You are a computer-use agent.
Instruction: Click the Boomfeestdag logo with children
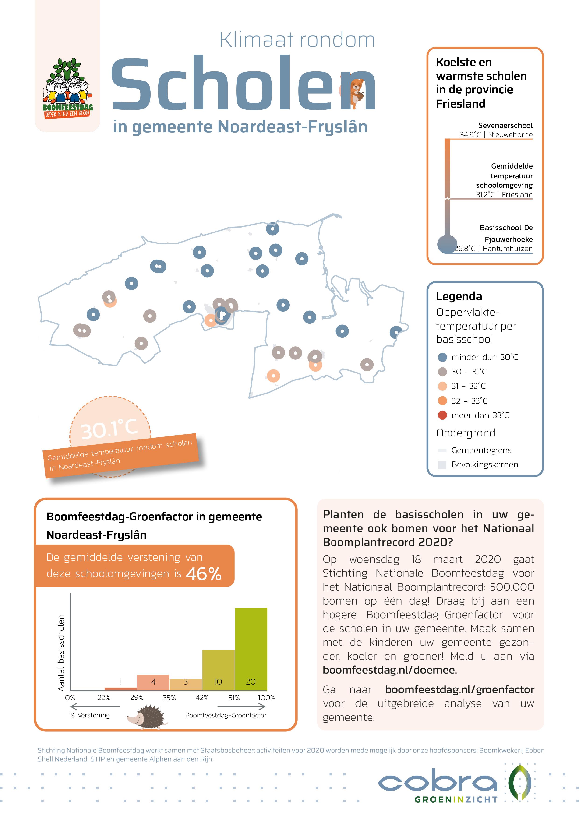pyautogui.click(x=67, y=87)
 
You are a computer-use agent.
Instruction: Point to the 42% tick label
pyautogui.click(x=202, y=698)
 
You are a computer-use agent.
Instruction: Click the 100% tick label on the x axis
pyautogui.click(x=266, y=698)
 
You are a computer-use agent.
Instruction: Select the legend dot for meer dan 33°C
pyautogui.click(x=442, y=415)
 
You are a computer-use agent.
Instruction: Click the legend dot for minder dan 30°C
pyautogui.click(x=442, y=357)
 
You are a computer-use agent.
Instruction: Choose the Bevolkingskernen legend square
pyautogui.click(x=442, y=465)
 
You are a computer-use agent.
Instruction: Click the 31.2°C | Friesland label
pyautogui.click(x=504, y=195)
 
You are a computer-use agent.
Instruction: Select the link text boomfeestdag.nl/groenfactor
pyautogui.click(x=459, y=689)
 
